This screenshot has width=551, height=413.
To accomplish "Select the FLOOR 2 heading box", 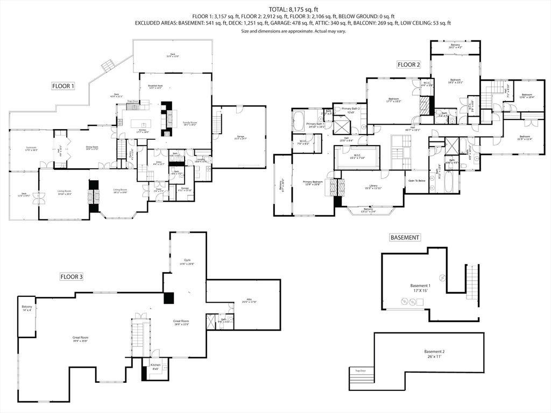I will pos(408,65).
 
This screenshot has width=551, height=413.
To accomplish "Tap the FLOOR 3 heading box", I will pos(71,277).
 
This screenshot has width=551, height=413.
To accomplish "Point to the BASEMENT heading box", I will pos(405,237).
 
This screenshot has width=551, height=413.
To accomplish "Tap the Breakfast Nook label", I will pos(156,87).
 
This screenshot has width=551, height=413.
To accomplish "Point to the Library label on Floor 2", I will pos(370,187).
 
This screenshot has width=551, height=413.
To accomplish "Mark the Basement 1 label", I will pos(420,288).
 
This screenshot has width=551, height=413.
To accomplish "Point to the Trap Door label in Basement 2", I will pos(360,371).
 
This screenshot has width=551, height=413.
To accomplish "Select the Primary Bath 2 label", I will pos(350,110).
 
